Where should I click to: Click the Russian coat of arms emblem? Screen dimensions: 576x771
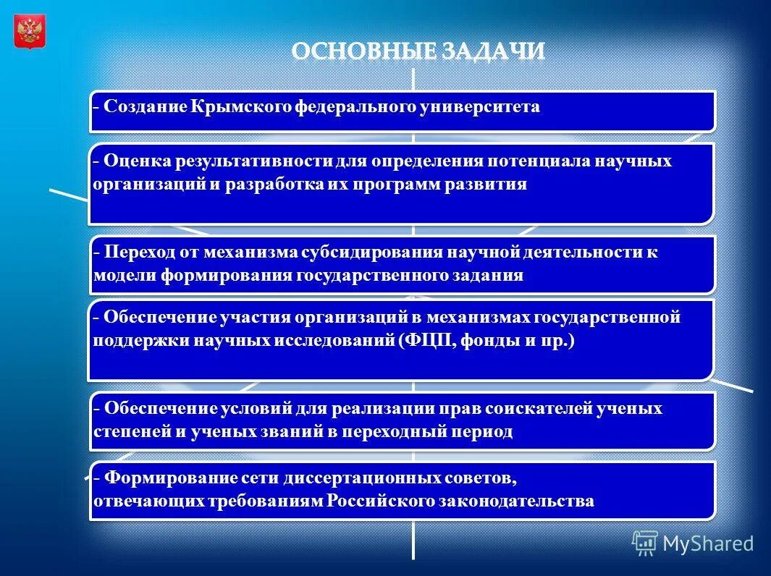tap(30, 32)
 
